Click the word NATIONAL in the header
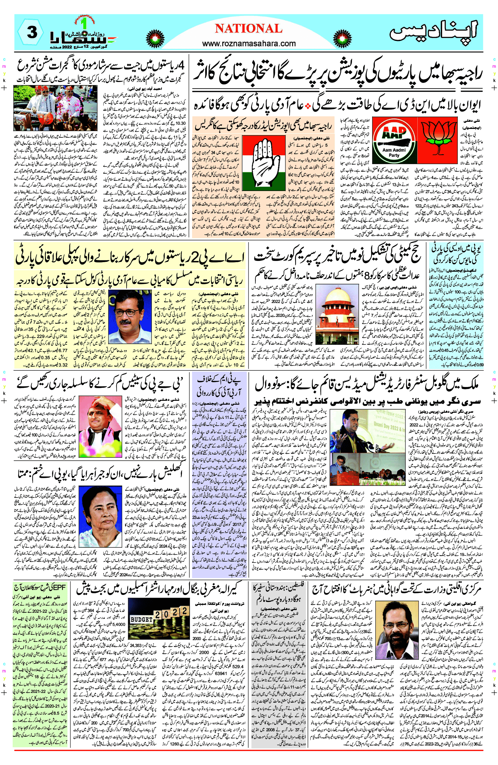coord(248,29)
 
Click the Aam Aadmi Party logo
coord(394,141)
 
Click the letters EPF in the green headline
coord(58,587)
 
